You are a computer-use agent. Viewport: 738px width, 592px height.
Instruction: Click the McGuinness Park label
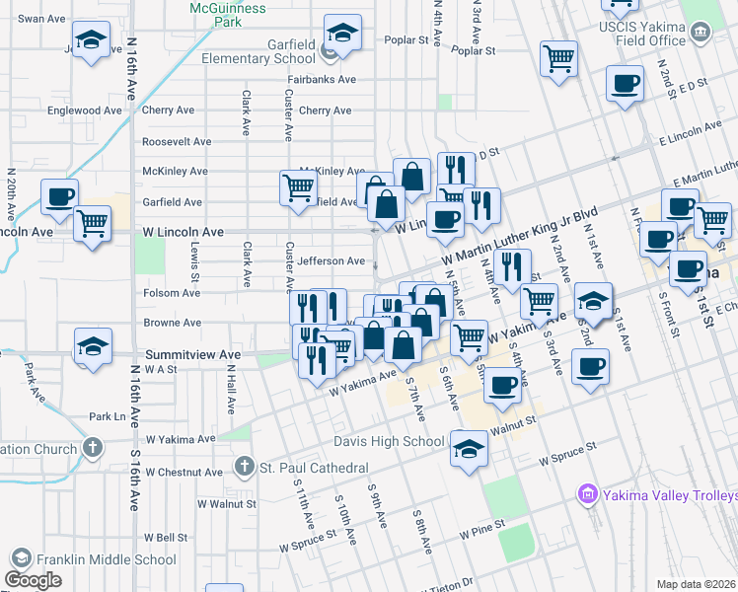pyautogui.click(x=228, y=13)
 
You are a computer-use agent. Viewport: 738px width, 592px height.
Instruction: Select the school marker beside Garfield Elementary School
pyautogui.click(x=342, y=36)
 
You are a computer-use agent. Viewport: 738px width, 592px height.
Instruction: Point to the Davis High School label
pyautogui.click(x=388, y=441)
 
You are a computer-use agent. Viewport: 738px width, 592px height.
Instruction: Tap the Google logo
pyautogui.click(x=33, y=580)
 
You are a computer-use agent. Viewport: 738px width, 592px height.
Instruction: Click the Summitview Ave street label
pyautogui.click(x=193, y=354)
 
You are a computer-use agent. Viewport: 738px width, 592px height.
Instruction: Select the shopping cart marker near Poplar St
pyautogui.click(x=558, y=58)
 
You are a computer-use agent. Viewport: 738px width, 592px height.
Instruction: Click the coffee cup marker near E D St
pyautogui.click(x=625, y=83)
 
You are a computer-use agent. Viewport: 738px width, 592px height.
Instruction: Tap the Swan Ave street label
pyautogui.click(x=40, y=19)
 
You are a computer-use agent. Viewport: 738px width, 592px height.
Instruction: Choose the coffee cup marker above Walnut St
pyautogui.click(x=503, y=385)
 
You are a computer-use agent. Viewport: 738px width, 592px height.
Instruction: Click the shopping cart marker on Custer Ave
pyautogui.click(x=298, y=186)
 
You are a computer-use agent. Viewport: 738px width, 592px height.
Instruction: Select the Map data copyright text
pyautogui.click(x=697, y=584)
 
